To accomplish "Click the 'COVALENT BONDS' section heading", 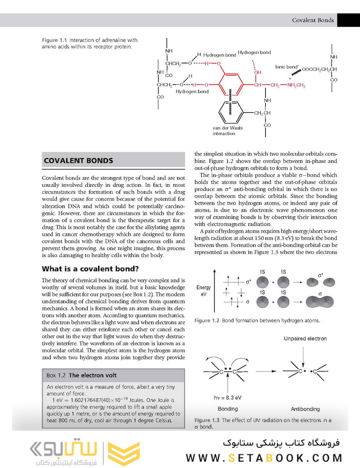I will tap(79, 161).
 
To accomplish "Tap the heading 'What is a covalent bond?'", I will tap(90, 269).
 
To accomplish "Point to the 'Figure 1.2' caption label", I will tap(207, 321).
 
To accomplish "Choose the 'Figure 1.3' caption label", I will tap(207, 420).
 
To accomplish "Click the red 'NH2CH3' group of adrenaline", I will tap(296, 85).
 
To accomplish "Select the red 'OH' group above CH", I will tap(258, 72).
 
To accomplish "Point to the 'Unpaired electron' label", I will tap(305, 338).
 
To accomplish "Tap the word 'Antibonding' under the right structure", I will tap(305, 409).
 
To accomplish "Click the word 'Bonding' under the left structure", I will tap(227, 409).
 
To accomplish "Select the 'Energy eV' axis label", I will tap(203, 290).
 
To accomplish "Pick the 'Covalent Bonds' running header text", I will tap(313, 20).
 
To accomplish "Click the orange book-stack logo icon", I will tap(123, 453).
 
